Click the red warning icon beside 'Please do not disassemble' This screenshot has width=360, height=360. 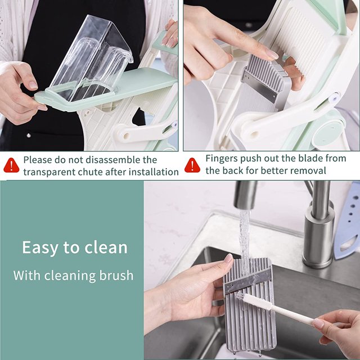click(x=11, y=165)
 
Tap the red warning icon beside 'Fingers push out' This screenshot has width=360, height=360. click(x=192, y=165)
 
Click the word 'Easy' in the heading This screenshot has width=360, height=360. click(x=40, y=248)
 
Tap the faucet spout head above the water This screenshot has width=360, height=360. click(x=245, y=195)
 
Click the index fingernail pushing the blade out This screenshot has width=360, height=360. click(x=272, y=55)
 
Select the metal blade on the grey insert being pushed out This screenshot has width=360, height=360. click(x=259, y=86)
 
